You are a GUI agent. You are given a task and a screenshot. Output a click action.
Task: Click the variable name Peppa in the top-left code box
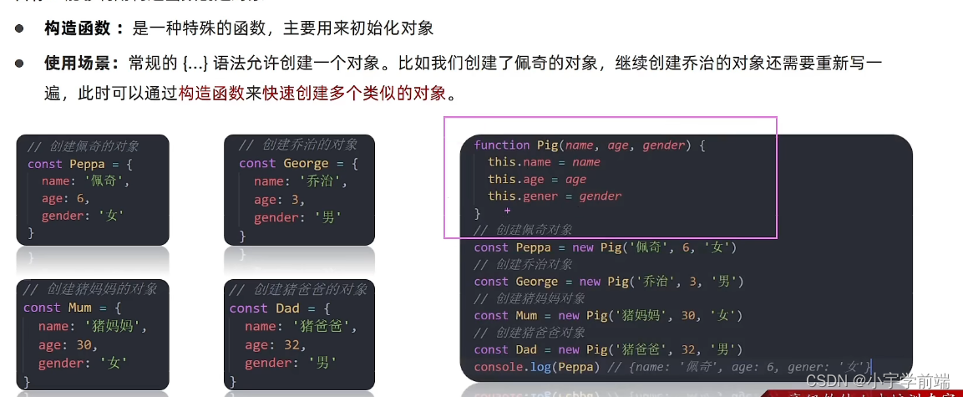(88, 164)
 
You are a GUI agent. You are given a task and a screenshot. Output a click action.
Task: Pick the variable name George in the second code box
(306, 163)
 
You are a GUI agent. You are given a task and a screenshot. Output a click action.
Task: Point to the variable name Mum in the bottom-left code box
(80, 308)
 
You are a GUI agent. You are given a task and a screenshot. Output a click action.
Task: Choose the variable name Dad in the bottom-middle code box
(287, 308)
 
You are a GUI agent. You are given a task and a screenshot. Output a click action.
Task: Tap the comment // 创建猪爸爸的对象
(298, 290)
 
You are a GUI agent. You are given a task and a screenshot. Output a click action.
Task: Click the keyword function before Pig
(502, 145)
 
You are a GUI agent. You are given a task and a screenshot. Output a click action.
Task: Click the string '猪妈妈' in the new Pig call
(642, 316)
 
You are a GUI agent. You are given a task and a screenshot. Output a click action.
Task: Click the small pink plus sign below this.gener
(507, 211)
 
